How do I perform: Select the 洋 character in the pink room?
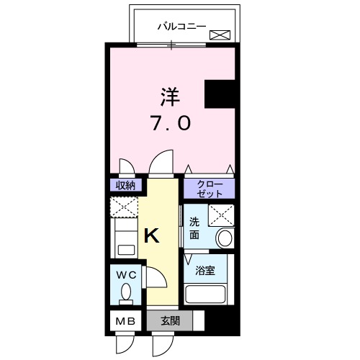[171, 96]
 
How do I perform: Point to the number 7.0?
[171, 124]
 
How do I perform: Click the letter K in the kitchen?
[153, 235]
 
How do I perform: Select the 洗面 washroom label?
[195, 228]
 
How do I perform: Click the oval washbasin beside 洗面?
[225, 238]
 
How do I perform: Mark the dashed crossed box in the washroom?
[220, 215]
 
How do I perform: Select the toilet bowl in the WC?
[126, 294]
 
